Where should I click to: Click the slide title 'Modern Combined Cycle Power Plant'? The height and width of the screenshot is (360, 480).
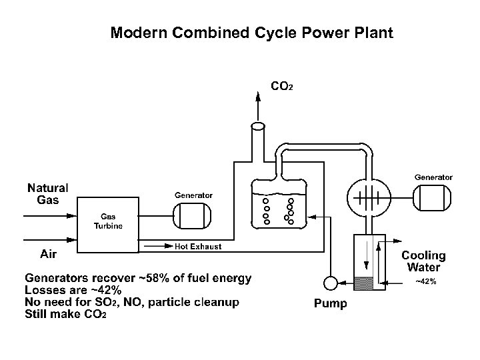tap(252, 33)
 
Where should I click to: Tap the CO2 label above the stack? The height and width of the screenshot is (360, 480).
tap(281, 86)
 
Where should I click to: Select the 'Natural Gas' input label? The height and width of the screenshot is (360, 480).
tap(47, 194)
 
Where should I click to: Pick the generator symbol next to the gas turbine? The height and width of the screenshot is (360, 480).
tap(192, 215)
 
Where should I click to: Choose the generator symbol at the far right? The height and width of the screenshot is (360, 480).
tap(433, 197)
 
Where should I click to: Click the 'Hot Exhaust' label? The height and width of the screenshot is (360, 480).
tap(198, 247)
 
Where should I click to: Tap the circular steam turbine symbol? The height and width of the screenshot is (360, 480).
tap(367, 197)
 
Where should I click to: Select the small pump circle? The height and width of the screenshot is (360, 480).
tap(329, 283)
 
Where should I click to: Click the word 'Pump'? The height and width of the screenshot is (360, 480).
tap(330, 304)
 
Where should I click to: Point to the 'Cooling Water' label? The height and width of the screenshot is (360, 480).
tap(423, 261)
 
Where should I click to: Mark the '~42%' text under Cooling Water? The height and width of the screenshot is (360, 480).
tap(426, 281)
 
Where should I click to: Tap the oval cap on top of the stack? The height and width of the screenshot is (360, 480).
tap(259, 126)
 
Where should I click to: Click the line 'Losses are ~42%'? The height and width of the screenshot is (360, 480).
tap(73, 290)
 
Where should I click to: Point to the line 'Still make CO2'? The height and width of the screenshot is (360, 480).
tap(65, 314)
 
